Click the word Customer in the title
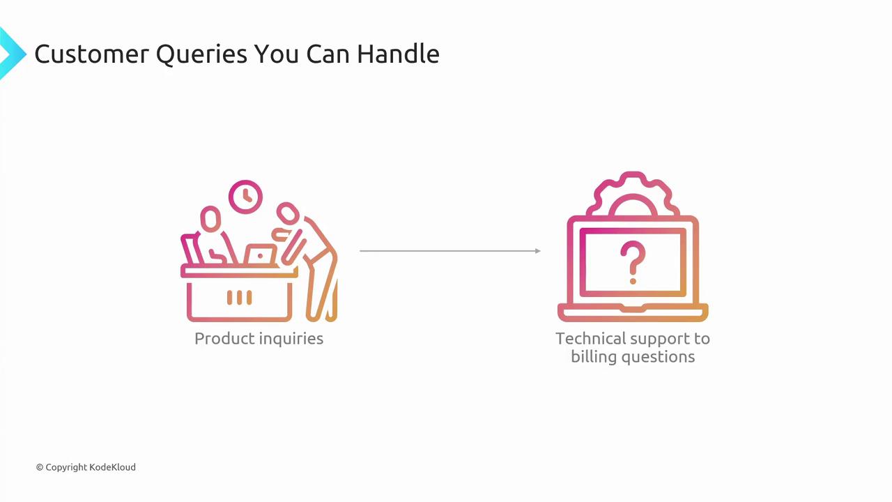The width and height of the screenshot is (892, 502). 91,54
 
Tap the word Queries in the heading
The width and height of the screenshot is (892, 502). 201,55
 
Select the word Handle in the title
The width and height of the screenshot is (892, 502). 398,54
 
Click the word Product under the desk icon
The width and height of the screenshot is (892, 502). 224,339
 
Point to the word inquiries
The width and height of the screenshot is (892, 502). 291,340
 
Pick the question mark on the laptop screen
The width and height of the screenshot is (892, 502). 633,262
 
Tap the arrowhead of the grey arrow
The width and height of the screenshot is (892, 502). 538,251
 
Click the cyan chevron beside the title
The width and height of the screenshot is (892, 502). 12,54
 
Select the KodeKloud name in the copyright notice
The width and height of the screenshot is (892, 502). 112,467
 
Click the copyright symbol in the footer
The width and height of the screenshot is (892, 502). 40,467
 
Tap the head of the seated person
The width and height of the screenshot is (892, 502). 210,219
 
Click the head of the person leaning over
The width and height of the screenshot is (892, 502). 288,213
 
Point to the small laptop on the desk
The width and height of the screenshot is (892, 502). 261,255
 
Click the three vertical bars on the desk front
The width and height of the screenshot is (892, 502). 239,298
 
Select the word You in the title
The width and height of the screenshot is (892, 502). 277,54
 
